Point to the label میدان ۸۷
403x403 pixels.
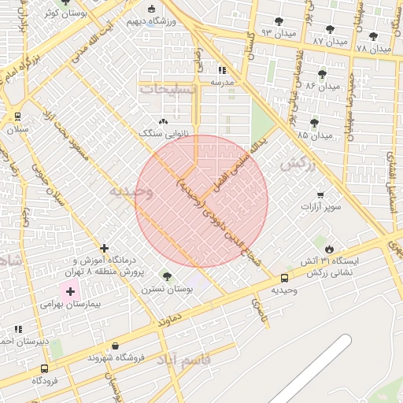330,40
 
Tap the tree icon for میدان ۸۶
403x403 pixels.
323,74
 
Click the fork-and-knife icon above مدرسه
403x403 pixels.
221,69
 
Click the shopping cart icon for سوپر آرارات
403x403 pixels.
320,194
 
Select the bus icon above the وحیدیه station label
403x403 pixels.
284,277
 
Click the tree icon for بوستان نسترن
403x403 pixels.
166,276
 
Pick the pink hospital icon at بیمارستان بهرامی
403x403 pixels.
71,291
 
